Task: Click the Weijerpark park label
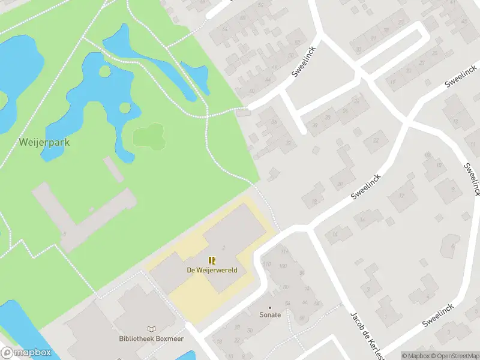44,142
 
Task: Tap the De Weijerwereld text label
212,270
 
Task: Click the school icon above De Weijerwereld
212,260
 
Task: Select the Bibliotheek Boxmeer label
151,339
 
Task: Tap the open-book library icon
151,329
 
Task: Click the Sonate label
270,315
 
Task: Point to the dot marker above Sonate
270,307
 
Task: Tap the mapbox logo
26,353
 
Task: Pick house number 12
410,196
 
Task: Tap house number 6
449,245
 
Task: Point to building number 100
283,266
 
